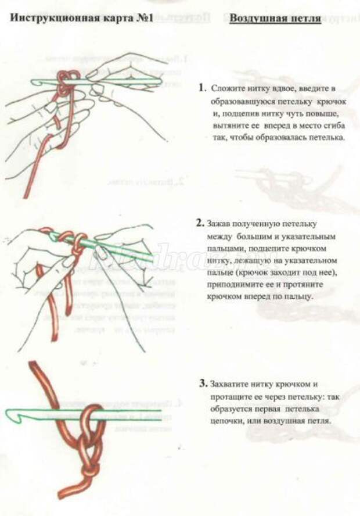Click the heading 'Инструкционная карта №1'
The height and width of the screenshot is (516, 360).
[x=81, y=17]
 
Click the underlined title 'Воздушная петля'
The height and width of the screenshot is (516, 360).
[x=275, y=17]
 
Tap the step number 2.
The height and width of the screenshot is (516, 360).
[x=200, y=223]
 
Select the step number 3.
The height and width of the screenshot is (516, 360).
[x=203, y=384]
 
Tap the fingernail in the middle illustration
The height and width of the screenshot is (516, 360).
[x=100, y=252]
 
